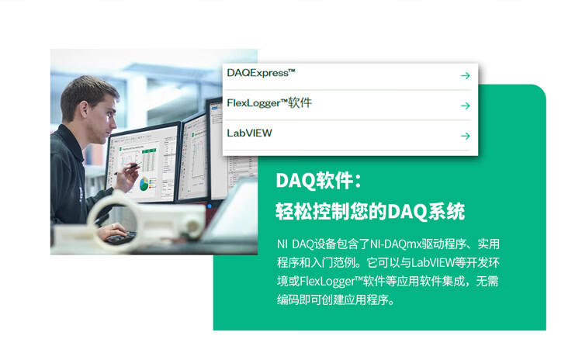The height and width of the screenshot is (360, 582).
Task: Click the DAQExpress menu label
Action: (261, 73)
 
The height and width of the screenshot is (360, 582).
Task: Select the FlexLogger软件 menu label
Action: (269, 103)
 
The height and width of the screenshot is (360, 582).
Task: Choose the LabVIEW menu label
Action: (249, 133)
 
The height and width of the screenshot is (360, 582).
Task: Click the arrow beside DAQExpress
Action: (465, 76)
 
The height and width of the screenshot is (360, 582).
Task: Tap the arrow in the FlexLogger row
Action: (465, 106)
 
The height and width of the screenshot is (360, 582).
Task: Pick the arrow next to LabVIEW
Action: (465, 136)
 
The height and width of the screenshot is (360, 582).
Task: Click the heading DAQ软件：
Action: (318, 181)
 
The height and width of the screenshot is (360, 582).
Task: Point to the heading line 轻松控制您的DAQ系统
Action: (370, 212)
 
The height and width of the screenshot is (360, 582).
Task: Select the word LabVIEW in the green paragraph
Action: (433, 263)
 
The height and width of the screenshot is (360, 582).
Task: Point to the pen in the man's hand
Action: (127, 168)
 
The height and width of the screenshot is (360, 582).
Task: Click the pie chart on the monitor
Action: (144, 184)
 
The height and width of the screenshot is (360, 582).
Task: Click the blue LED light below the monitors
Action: (210, 206)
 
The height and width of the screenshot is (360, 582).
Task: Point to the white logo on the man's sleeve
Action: (81, 194)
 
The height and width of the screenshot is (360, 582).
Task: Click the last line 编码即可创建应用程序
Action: (335, 300)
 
